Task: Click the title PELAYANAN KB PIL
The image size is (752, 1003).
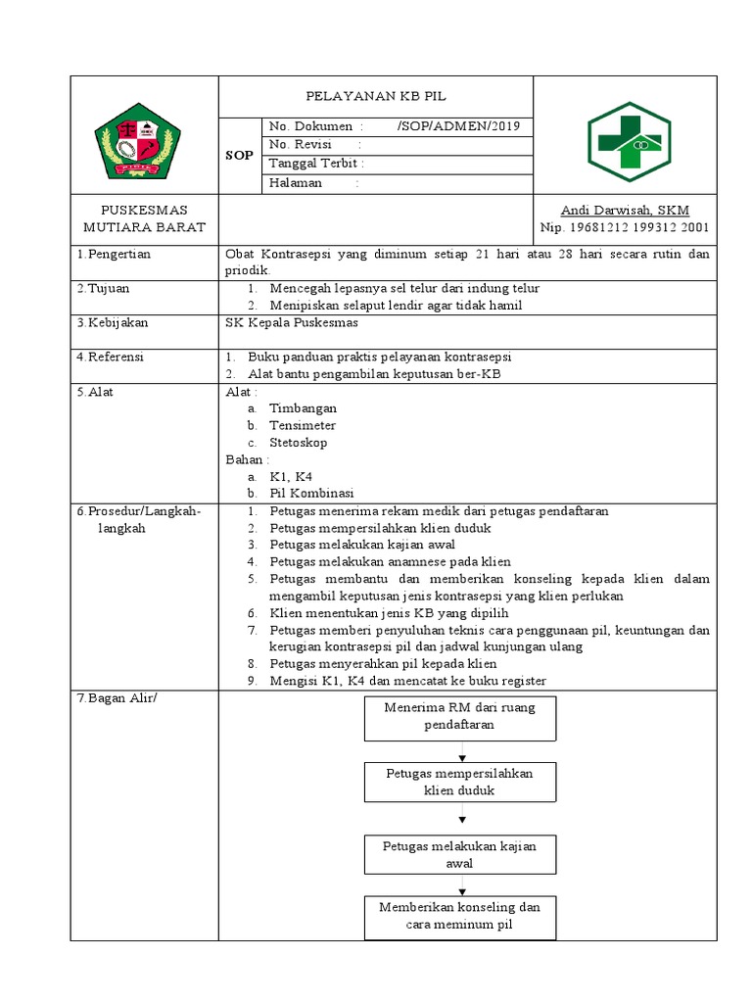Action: coord(376,97)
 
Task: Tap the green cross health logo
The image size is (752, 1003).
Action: coord(628,142)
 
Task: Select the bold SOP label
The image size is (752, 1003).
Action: coord(239,156)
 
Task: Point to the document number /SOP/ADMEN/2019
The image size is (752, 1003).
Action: coord(459,126)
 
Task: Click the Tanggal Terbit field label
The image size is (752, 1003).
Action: coord(316,164)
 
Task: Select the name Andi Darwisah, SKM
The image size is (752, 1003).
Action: coord(625,211)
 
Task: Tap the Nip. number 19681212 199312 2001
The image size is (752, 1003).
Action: coord(625,228)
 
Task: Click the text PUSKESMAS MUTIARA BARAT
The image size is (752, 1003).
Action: coord(144,219)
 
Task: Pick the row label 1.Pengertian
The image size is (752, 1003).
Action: coord(115,255)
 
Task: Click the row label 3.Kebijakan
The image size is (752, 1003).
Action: coord(114,323)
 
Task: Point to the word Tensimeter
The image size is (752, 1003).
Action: coord(303,426)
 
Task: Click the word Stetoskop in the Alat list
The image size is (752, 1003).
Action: coord(299,443)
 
